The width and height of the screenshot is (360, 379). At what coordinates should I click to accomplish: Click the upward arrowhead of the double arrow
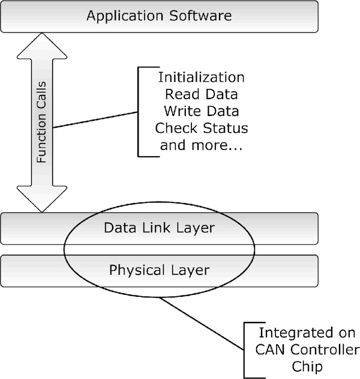42,44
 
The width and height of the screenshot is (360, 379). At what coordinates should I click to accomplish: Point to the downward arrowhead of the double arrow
42,201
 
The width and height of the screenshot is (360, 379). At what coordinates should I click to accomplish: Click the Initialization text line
201,78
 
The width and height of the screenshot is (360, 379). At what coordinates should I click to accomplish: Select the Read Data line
201,95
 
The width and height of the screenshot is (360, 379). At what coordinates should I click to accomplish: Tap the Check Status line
201,129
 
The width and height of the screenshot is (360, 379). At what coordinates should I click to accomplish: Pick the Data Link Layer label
159,228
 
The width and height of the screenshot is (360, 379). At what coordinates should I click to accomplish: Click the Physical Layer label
159,270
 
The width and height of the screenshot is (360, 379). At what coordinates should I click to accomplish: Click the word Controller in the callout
323,350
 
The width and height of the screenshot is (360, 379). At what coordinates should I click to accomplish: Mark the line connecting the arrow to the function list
96,119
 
